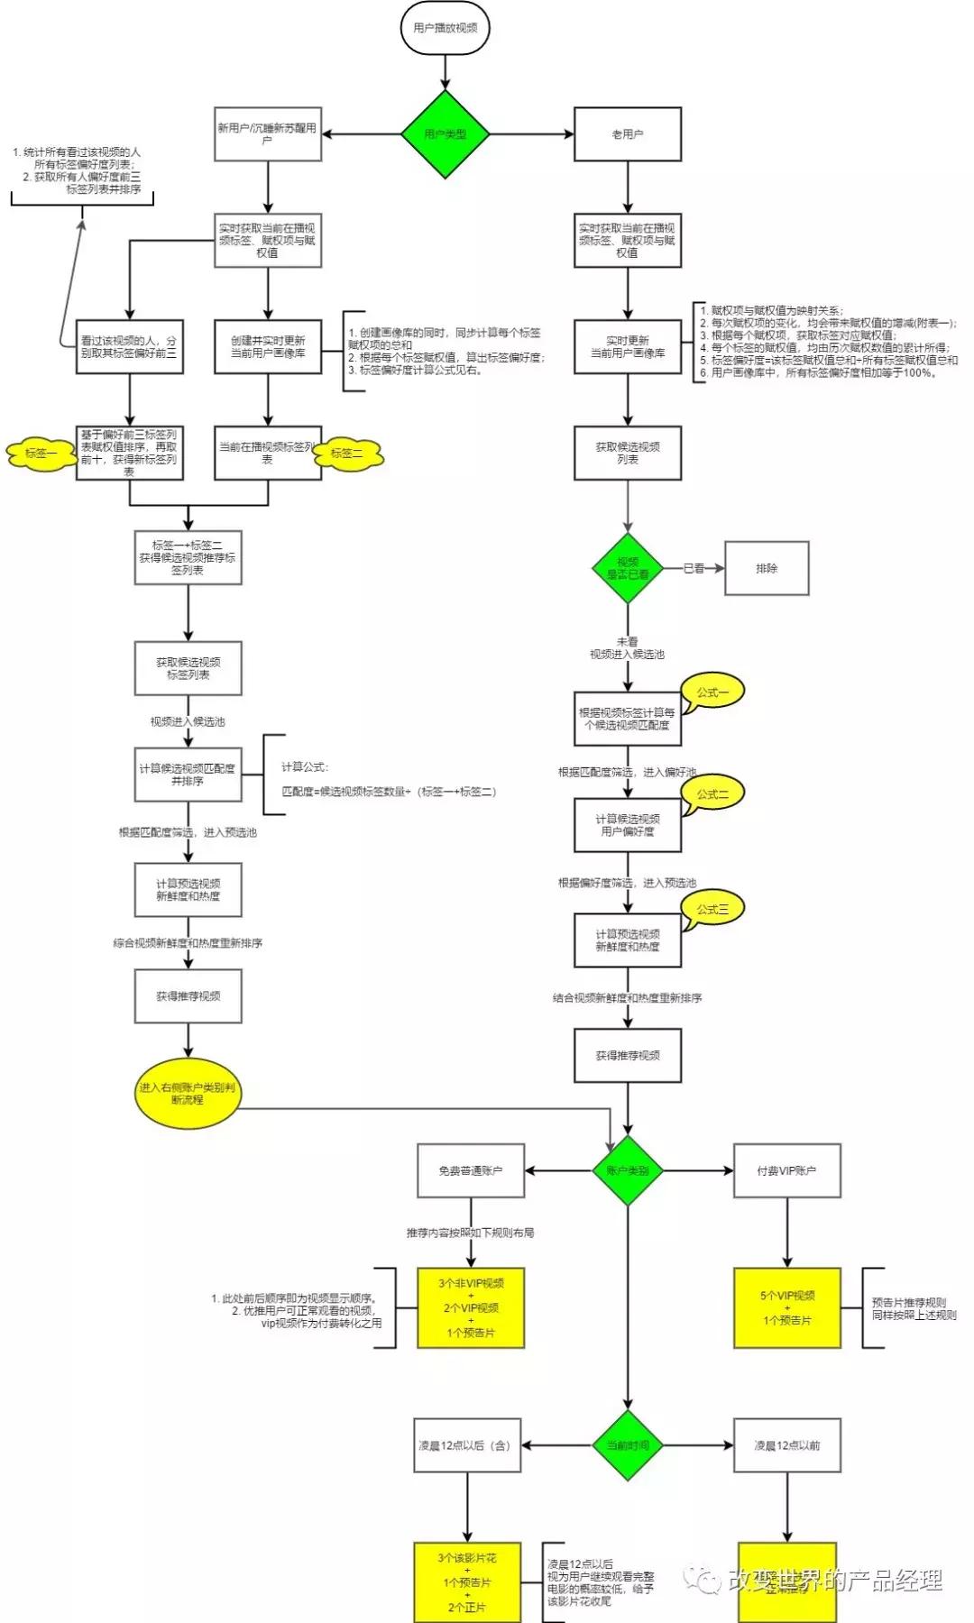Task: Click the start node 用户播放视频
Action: coord(445,28)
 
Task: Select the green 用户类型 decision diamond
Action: coord(445,134)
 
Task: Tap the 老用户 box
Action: coord(628,134)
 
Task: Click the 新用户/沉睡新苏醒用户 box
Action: coord(268,134)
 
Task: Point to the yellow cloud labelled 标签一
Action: coord(41,454)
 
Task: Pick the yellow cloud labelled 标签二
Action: coord(349,454)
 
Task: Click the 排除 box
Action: coord(767,569)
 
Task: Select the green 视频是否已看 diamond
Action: coord(628,569)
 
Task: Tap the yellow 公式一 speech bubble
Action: coord(712,692)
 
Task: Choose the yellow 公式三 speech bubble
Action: coord(712,909)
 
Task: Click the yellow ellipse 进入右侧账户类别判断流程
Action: coord(188,1094)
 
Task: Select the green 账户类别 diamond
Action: coord(628,1171)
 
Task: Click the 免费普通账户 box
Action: coord(471,1171)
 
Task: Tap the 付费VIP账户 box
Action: coord(786,1171)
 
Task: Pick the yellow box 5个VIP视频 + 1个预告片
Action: coord(786,1308)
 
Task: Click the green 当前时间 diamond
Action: coord(628,1445)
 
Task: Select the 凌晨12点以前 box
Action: coord(786,1445)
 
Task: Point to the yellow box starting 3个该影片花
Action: coord(467,1582)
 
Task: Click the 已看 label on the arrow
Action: coord(694,569)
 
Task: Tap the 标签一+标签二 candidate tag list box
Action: coord(188,558)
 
